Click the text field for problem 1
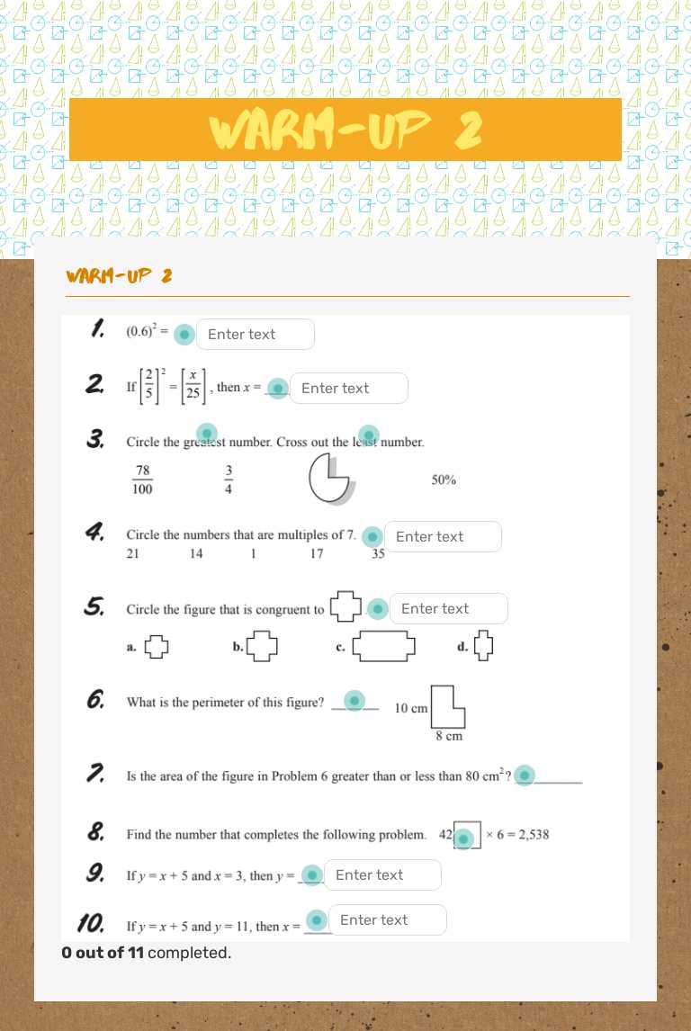[255, 335]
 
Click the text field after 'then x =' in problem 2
[348, 389]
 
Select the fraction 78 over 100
[142, 480]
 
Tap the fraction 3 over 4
[229, 480]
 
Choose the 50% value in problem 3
[444, 480]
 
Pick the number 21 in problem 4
[132, 554]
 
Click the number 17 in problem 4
[317, 554]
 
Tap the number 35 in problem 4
[378, 554]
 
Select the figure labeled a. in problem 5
[157, 646]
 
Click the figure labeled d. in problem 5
[484, 645]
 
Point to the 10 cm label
[411, 708]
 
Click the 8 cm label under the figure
[449, 737]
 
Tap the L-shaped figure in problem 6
[447, 707]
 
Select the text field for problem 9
[382, 875]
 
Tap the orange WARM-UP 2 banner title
[345, 130]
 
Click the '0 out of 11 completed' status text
[147, 952]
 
